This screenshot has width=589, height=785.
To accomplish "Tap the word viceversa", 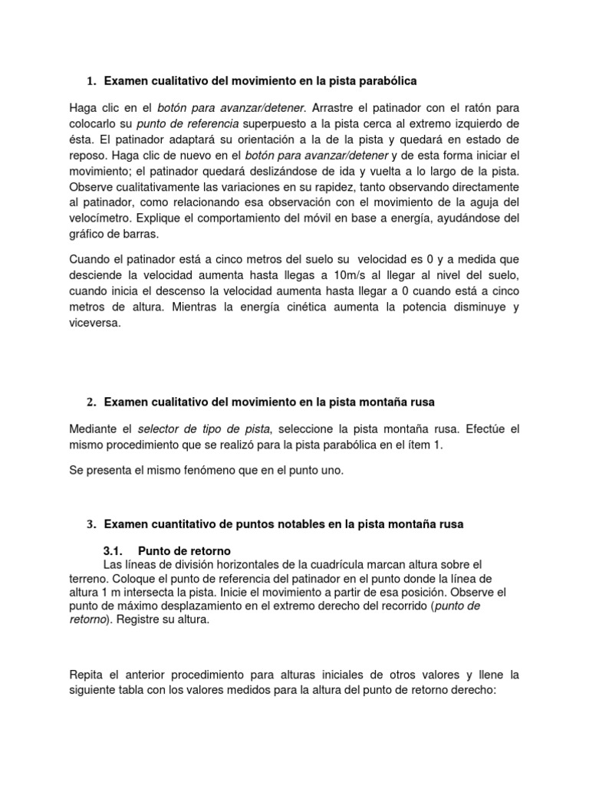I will click(x=94, y=323).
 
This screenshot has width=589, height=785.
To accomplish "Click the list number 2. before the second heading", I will click(x=91, y=402).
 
